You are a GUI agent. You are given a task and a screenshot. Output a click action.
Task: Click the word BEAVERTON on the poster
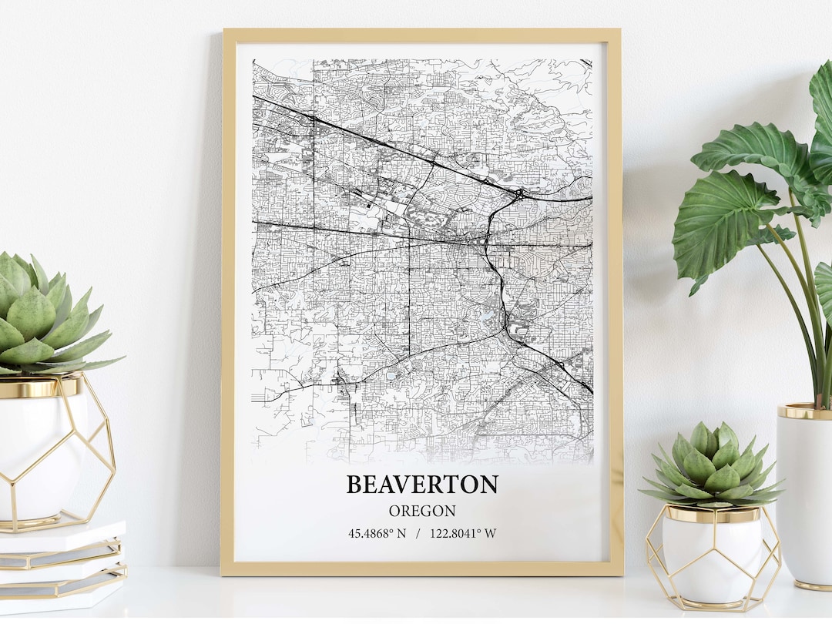click(x=422, y=485)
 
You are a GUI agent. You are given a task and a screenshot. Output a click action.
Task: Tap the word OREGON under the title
click(x=422, y=511)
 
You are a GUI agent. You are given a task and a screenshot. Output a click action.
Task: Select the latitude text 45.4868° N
click(x=377, y=532)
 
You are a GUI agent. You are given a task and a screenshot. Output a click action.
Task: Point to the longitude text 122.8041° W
click(x=463, y=532)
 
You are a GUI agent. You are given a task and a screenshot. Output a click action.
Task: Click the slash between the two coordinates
click(x=418, y=532)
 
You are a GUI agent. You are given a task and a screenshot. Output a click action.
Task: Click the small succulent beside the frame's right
click(x=712, y=465)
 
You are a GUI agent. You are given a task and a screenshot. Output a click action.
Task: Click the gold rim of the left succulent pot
click(x=39, y=387)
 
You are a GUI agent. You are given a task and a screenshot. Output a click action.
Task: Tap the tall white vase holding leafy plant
click(x=804, y=493)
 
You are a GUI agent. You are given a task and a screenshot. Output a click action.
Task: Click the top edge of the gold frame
click(x=422, y=35)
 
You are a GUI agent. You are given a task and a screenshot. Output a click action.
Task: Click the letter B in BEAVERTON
click(x=355, y=485)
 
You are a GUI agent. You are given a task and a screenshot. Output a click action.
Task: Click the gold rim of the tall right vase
click(x=804, y=412)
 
